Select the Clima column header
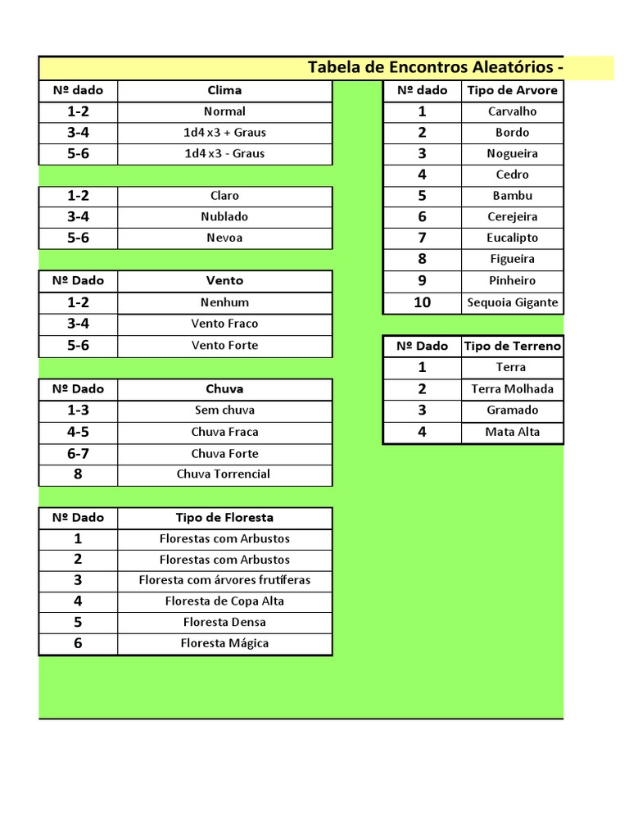(224, 90)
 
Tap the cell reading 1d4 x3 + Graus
(224, 132)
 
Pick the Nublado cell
(224, 216)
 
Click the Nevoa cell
(224, 238)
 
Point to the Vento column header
(224, 280)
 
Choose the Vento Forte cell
(224, 345)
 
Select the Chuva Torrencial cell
(224, 474)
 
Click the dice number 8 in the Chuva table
(78, 474)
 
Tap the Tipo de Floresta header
(224, 517)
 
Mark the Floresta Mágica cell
(224, 643)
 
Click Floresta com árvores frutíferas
(224, 580)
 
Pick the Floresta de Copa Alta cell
(224, 601)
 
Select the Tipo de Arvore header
(512, 90)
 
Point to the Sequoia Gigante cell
(512, 302)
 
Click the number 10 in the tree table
(422, 302)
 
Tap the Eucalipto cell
(512, 238)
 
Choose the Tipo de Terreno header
(512, 346)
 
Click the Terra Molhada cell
(512, 389)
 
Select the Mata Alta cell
(512, 432)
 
